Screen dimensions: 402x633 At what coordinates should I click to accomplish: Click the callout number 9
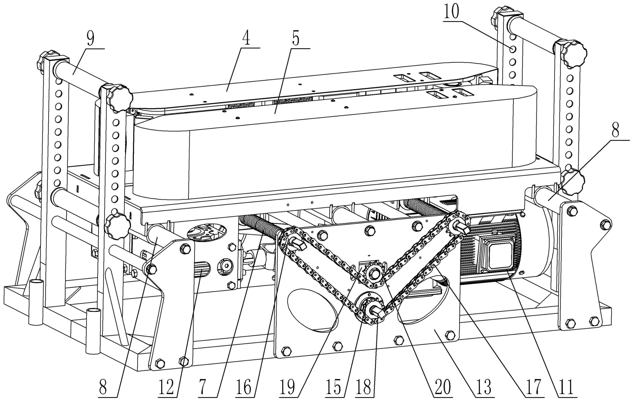click(90, 40)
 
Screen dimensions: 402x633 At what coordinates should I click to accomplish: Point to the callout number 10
click(451, 12)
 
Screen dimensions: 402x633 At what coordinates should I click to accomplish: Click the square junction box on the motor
click(498, 256)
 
